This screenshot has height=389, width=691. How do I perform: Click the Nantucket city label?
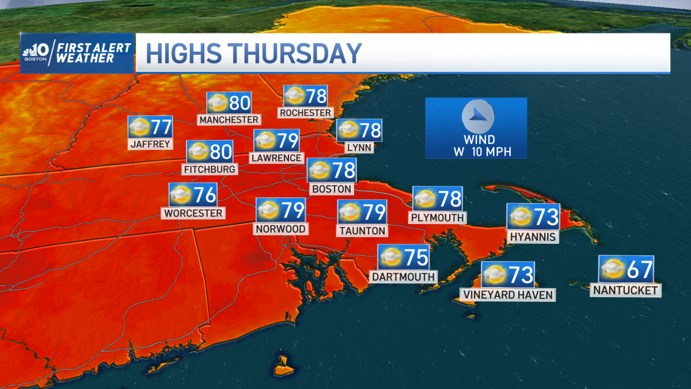coord(625,290)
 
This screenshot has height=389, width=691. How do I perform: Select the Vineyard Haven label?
coord(507,295)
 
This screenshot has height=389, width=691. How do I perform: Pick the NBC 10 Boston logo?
coord(36,53)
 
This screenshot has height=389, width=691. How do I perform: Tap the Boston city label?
coord(331,189)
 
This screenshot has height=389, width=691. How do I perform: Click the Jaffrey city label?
coord(151,144)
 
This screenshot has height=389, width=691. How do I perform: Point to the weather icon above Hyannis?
coord(519,217)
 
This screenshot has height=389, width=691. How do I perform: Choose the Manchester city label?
coord(229,120)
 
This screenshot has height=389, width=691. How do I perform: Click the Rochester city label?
coord(305,113)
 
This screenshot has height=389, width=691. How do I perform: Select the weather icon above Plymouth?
coord(425,199)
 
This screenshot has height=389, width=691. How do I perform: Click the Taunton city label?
coord(362,231)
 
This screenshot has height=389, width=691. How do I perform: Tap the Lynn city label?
coord(359,148)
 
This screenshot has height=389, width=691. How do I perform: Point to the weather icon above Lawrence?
coord(265,140)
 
